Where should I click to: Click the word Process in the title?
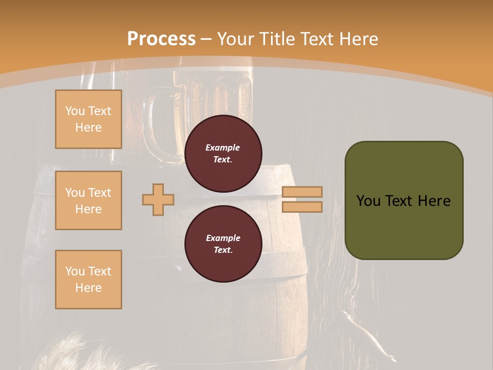(161, 39)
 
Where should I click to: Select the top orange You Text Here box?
(88, 119)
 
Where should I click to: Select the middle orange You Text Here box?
(88, 200)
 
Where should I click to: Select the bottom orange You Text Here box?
(88, 279)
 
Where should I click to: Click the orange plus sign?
(158, 199)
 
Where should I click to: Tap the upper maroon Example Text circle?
(223, 153)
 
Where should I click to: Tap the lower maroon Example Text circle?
(223, 244)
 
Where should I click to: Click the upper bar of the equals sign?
(302, 192)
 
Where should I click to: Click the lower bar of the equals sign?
(302, 207)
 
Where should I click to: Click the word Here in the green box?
(434, 201)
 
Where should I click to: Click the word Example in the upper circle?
(223, 147)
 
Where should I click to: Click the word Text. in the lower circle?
(223, 250)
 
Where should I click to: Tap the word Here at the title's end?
(357, 39)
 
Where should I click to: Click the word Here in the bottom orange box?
(88, 288)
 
